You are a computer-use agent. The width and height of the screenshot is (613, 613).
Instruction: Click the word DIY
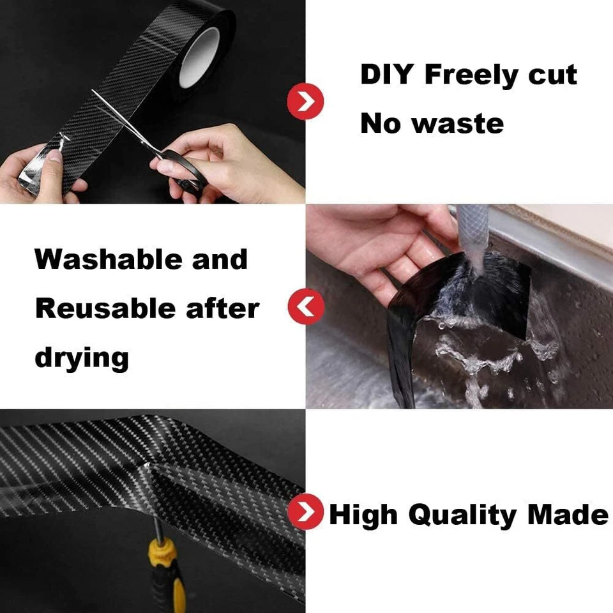tap(388, 75)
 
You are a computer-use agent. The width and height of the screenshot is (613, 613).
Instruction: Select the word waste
tap(458, 123)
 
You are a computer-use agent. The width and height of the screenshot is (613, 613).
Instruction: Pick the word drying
tap(82, 358)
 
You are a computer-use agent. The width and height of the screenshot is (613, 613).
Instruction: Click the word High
tap(365, 515)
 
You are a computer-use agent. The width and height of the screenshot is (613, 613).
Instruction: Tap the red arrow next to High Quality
tap(305, 511)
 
